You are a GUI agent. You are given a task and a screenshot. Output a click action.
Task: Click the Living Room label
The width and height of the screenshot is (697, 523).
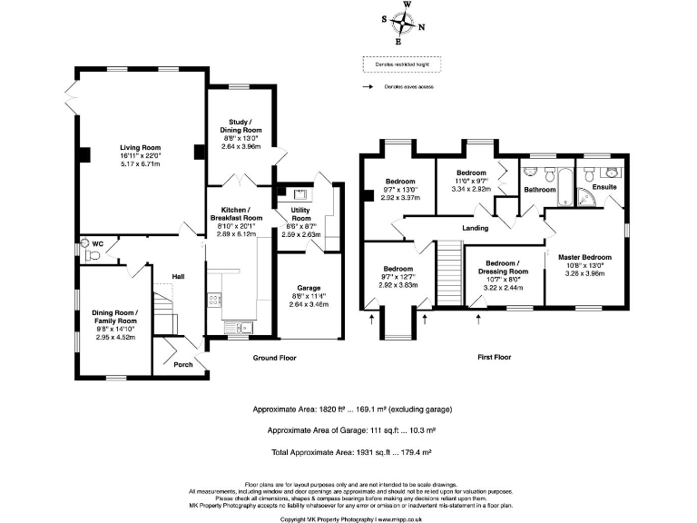click(140, 147)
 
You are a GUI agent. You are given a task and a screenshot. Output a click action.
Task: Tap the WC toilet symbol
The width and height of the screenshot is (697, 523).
click(85, 244)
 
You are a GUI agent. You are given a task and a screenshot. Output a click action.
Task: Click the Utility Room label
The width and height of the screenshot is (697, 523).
click(300, 215)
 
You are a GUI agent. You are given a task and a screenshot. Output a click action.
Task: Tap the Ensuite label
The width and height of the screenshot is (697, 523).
click(604, 187)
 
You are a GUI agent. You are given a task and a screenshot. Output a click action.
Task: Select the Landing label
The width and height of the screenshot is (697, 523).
click(475, 228)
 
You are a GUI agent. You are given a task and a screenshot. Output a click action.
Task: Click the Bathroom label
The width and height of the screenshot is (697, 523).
click(539, 190)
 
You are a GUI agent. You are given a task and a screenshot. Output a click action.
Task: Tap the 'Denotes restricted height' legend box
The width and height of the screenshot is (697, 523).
click(402, 64)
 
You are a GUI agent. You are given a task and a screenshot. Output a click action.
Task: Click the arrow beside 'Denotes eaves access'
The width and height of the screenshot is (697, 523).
click(368, 87)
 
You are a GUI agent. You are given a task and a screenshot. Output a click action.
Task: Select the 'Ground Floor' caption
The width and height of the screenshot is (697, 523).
click(275, 358)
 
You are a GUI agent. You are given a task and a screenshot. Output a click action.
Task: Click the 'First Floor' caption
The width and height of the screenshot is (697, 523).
click(495, 358)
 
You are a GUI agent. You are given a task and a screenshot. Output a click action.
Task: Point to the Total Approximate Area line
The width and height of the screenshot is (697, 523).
click(348, 451)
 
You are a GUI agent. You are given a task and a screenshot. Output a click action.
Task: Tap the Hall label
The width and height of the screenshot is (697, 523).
click(179, 277)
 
